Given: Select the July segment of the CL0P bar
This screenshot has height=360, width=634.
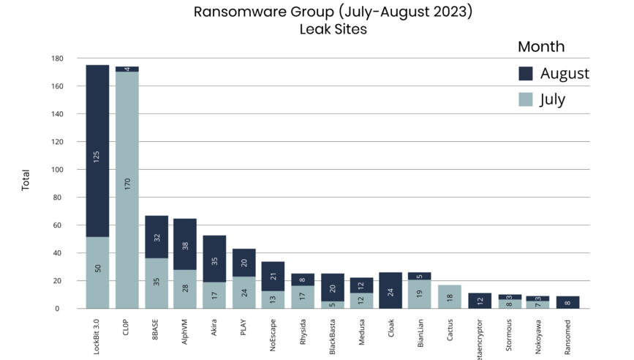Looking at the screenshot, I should coord(127,190).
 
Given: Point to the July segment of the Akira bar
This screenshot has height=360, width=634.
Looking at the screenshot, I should coord(214,295).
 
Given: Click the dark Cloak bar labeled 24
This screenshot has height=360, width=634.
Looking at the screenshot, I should coord(391,290).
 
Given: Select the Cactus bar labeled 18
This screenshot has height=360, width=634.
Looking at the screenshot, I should coord(450,296).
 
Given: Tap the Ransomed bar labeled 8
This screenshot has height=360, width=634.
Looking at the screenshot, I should coord(567,302).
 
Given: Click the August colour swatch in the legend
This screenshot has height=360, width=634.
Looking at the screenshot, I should coord(526,73).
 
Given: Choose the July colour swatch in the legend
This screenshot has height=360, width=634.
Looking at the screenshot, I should coord(526,99).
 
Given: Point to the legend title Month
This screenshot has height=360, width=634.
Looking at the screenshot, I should coord(541,47).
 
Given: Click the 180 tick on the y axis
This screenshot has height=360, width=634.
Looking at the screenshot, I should coord(58,59).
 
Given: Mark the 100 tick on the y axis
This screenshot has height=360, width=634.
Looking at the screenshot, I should coord(58,170).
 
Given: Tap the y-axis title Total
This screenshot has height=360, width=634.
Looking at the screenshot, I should coord(26,180).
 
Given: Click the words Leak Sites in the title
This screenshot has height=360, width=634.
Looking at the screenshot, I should coord(333,30).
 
